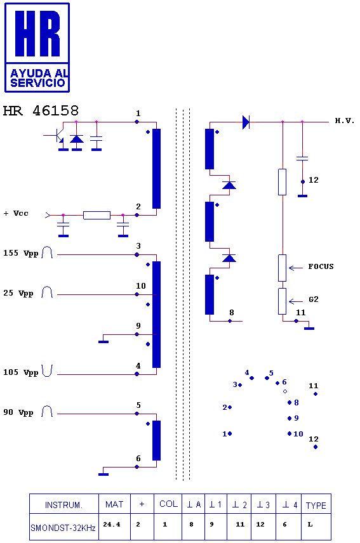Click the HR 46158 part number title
coord(41,111)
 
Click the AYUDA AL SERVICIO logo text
coord(37,78)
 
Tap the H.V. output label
coord(344,121)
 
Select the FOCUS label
coord(321,266)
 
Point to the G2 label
coord(314,299)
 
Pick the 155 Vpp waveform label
coord(21,253)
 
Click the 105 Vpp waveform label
coord(21,372)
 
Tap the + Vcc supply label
coord(16,213)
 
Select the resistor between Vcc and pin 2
coord(97,215)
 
